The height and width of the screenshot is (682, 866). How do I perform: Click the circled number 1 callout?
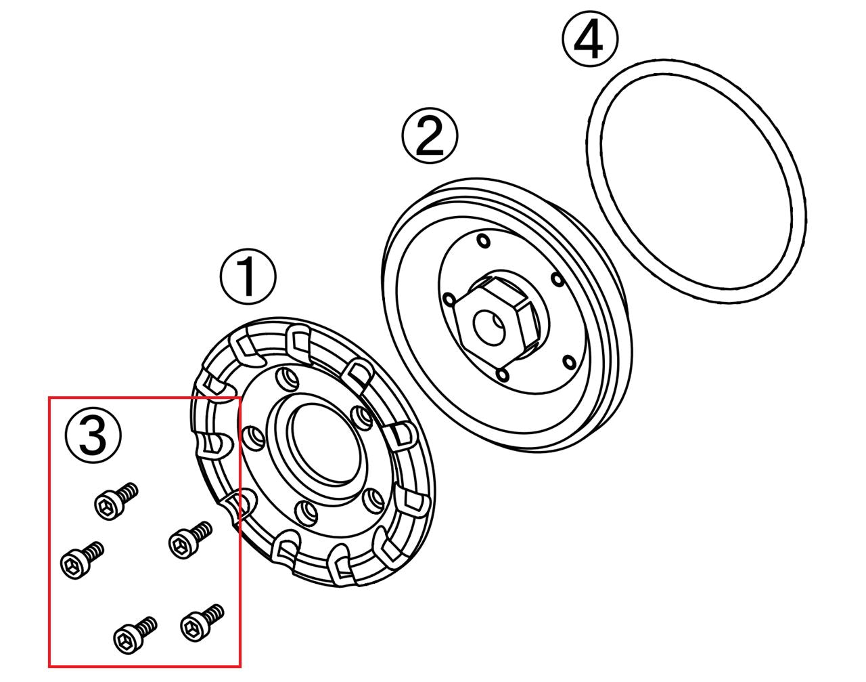coord(248,277)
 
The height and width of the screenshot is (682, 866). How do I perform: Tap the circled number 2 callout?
coord(430,135)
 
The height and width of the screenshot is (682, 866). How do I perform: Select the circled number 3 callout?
coord(93,435)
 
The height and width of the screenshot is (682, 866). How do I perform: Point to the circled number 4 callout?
coord(589,39)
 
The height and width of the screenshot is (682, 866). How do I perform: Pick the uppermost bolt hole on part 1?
coord(287,379)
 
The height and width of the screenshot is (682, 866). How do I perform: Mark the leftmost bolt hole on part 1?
coord(254,438)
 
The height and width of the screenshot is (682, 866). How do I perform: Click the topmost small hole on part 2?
coord(483,241)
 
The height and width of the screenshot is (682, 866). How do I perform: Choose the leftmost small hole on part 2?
coord(449,300)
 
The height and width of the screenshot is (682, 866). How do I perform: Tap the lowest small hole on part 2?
coord(502,375)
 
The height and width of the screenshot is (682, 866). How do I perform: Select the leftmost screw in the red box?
coord(82,560)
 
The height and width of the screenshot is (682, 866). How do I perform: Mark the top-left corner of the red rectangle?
coord(49,397)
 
